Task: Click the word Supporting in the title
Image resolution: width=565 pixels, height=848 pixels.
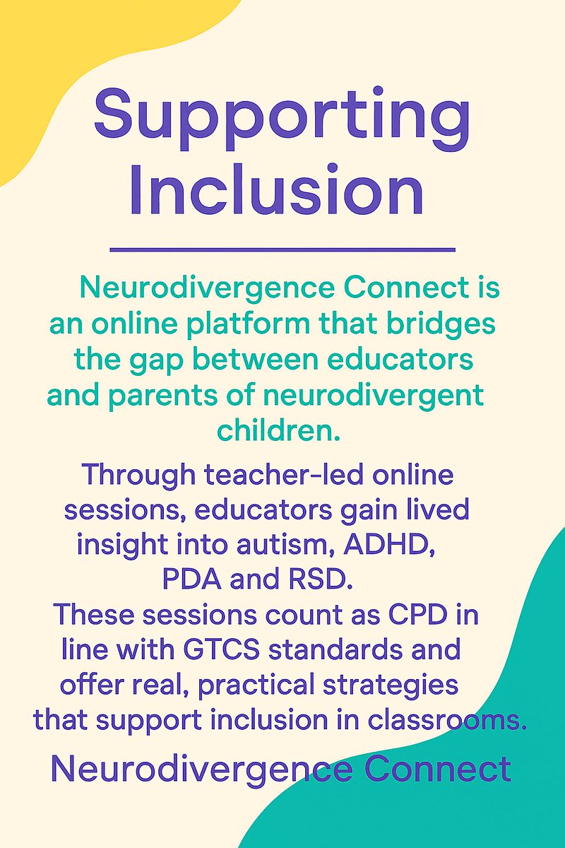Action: tap(282, 117)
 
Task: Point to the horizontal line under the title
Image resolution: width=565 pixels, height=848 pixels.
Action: tap(282, 249)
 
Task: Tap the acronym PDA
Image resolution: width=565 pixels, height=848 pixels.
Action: tap(189, 580)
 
